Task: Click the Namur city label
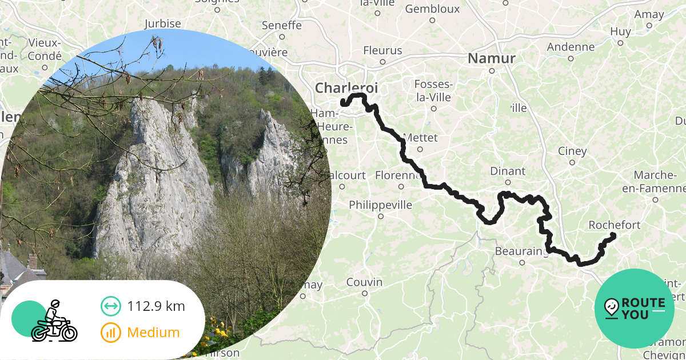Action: pyautogui.click(x=492, y=58)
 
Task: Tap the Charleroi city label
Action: pyautogui.click(x=346, y=88)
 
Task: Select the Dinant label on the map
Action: pyautogui.click(x=508, y=171)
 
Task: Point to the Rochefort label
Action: pyautogui.click(x=615, y=225)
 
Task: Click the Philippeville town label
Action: pyautogui.click(x=380, y=205)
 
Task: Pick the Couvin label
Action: pyautogui.click(x=364, y=282)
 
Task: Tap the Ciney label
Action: pyautogui.click(x=572, y=151)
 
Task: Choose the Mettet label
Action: pyautogui.click(x=420, y=138)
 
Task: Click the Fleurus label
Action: pyautogui.click(x=383, y=50)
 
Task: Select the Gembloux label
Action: pyautogui.click(x=432, y=9)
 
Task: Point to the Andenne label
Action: pyautogui.click(x=571, y=47)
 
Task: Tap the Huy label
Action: pyautogui.click(x=620, y=31)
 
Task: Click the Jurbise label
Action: pyautogui.click(x=162, y=23)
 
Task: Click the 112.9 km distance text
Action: pyautogui.click(x=156, y=306)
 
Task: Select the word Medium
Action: pyautogui.click(x=153, y=333)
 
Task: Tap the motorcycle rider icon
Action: pyautogui.click(x=53, y=321)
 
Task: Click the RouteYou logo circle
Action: pyautogui.click(x=634, y=308)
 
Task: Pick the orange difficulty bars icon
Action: pyautogui.click(x=111, y=333)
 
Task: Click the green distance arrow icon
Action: pyautogui.click(x=111, y=306)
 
